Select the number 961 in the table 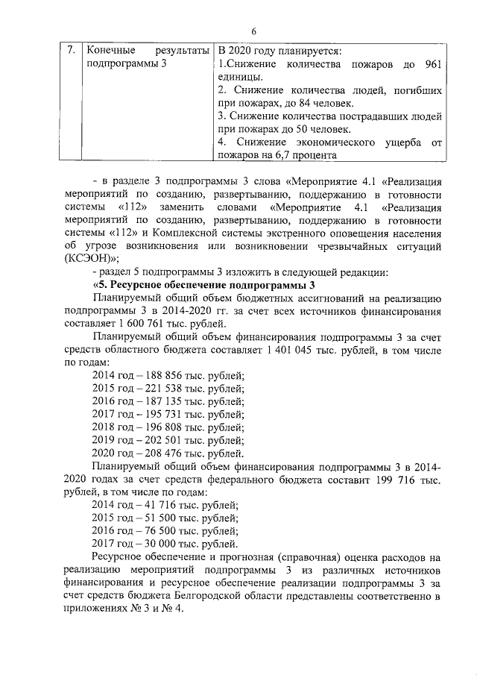pos(432,65)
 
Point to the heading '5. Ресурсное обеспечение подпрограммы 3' pos(204,285)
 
